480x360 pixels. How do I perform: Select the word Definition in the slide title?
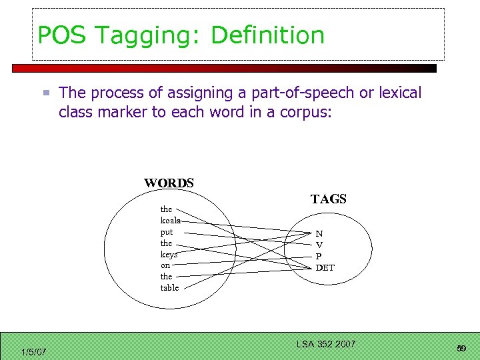pos(267,35)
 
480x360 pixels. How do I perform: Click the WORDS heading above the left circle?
pos(169,183)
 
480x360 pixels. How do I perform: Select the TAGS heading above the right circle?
pos(328,199)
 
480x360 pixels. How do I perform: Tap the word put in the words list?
pos(166,232)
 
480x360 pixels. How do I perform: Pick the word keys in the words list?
pos(168,254)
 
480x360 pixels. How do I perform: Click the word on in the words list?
pos(165,265)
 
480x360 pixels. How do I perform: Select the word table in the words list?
pos(169,287)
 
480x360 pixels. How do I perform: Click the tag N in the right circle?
pos(319,234)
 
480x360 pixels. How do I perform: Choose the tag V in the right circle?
pos(319,245)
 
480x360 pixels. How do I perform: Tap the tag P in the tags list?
pos(319,257)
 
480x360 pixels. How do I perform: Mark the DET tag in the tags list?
pos(325,268)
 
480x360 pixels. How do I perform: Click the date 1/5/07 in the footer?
pos(33,351)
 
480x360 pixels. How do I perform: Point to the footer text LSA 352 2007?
pos(326,344)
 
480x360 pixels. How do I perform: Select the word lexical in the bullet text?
pos(400,93)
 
